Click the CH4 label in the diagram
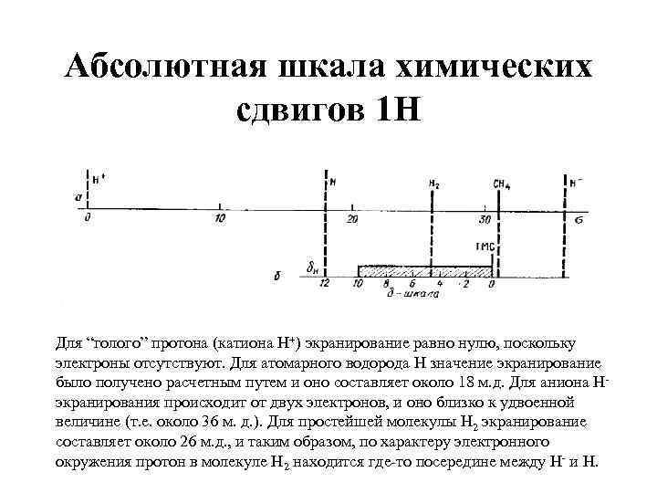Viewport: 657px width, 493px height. [501, 184]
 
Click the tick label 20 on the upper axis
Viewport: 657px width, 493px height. [352, 219]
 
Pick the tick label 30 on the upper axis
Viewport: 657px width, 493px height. [485, 219]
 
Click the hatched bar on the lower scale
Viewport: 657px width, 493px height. [425, 270]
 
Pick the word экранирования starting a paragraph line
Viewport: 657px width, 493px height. [105, 401]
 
